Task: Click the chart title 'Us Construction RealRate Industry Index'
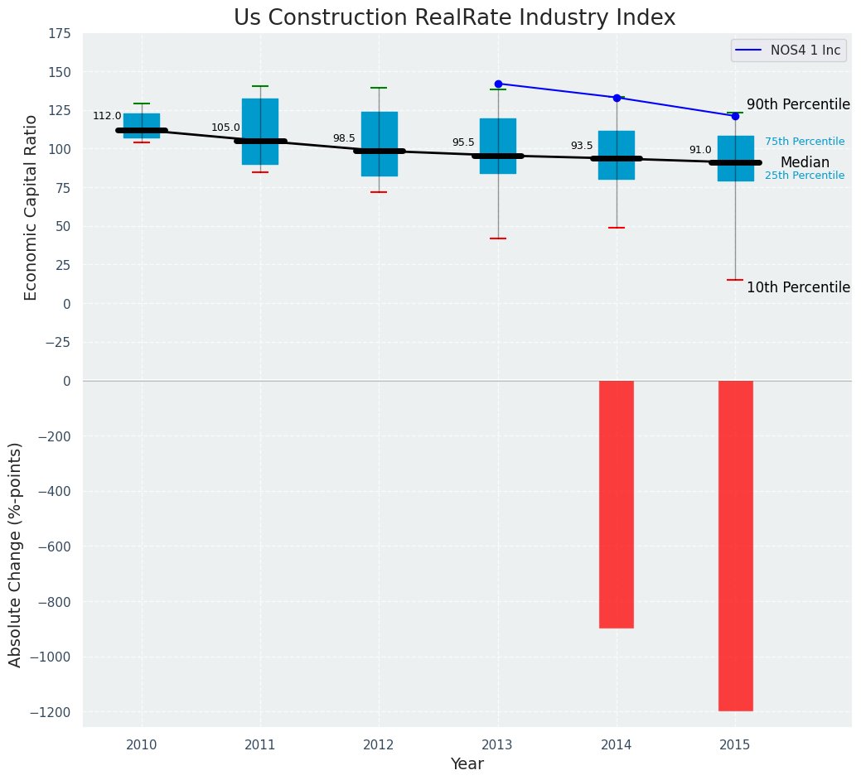[x=454, y=18]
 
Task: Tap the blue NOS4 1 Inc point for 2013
[x=498, y=84]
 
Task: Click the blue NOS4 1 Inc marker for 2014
[x=617, y=98]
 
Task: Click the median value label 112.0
[x=107, y=117]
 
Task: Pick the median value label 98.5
[x=344, y=139]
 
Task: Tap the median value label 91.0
[x=700, y=151]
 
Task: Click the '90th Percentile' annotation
[x=798, y=105]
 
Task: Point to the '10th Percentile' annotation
[x=798, y=288]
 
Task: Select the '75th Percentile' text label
[x=805, y=142]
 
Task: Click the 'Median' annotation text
[x=805, y=163]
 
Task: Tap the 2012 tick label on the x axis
[x=379, y=746]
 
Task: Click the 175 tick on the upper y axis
[x=59, y=34]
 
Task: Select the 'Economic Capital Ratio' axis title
[x=31, y=207]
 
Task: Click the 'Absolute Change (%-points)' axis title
[x=16, y=554]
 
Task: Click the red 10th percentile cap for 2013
[x=498, y=238]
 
